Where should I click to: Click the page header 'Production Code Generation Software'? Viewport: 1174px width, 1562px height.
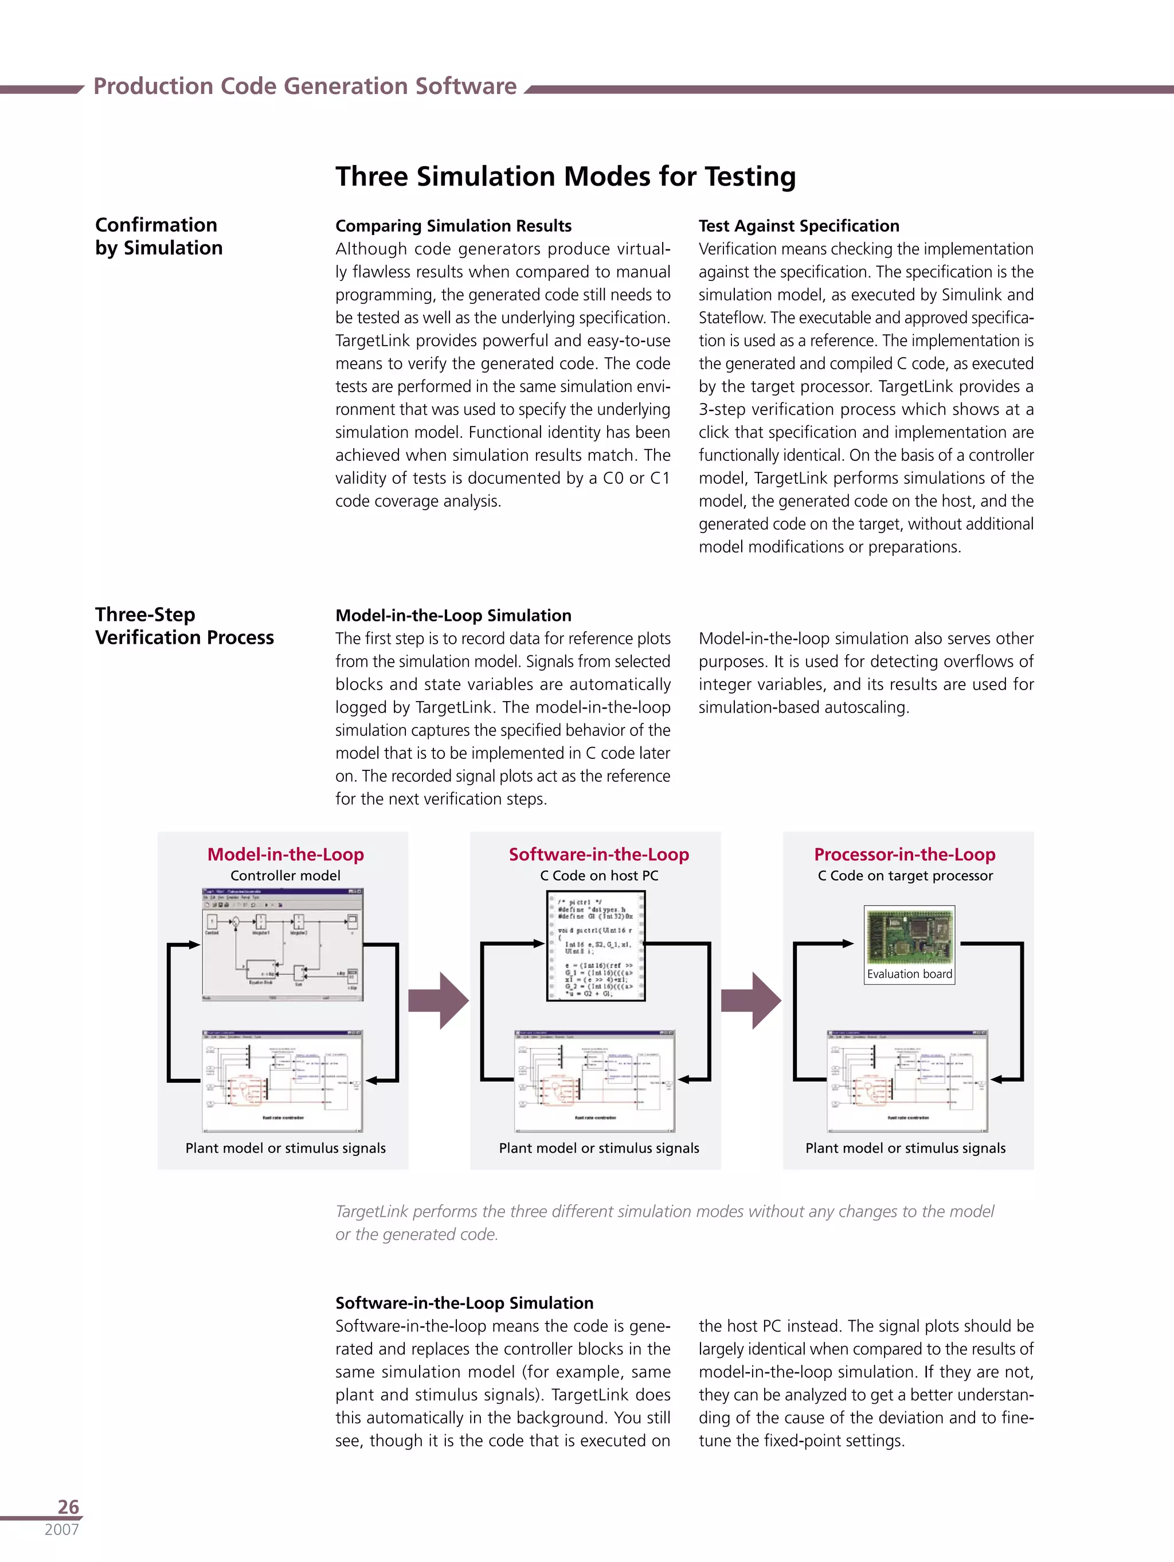click(x=304, y=86)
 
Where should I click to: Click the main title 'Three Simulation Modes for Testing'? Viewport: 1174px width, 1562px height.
click(x=565, y=177)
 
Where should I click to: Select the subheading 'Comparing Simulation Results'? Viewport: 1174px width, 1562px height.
click(x=453, y=226)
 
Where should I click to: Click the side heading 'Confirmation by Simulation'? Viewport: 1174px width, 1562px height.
click(x=158, y=236)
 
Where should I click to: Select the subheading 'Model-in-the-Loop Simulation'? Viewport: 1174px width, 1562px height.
click(x=453, y=615)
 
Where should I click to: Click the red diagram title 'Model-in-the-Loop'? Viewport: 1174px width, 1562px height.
click(x=285, y=855)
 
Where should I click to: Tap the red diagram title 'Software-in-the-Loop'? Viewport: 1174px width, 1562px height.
click(x=598, y=855)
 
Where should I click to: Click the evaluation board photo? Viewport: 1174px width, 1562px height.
click(x=909, y=937)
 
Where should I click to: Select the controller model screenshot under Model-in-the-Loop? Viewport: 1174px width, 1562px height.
click(x=283, y=944)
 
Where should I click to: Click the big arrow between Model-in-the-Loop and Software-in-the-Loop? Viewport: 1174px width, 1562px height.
click(x=439, y=1001)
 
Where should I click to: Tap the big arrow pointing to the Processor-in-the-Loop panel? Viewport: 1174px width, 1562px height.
click(x=752, y=1001)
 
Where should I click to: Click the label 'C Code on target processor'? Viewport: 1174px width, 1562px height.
click(x=905, y=876)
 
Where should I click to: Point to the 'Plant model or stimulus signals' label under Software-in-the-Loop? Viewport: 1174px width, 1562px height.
click(x=598, y=1148)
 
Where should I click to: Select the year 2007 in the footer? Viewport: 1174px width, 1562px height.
click(x=61, y=1529)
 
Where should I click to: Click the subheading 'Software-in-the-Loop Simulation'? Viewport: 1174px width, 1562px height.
click(x=464, y=1303)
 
